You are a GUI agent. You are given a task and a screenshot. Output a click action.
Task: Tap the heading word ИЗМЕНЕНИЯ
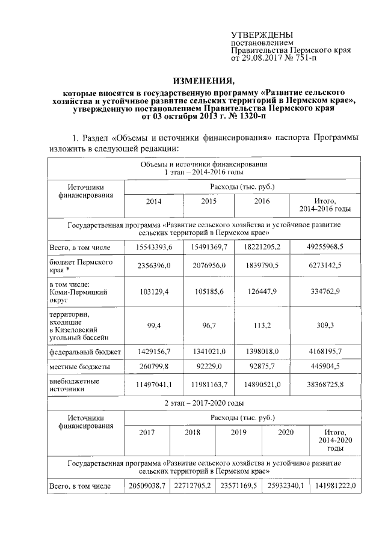[x=203, y=81]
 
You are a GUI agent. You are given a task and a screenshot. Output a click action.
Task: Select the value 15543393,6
[x=153, y=247]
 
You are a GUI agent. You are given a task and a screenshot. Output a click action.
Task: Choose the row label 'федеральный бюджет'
[x=85, y=350]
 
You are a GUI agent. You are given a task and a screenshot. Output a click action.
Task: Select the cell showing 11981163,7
[x=209, y=385]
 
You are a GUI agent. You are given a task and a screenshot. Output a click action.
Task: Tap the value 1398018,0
[x=262, y=350]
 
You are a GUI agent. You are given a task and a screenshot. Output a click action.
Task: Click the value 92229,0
[x=209, y=366]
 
